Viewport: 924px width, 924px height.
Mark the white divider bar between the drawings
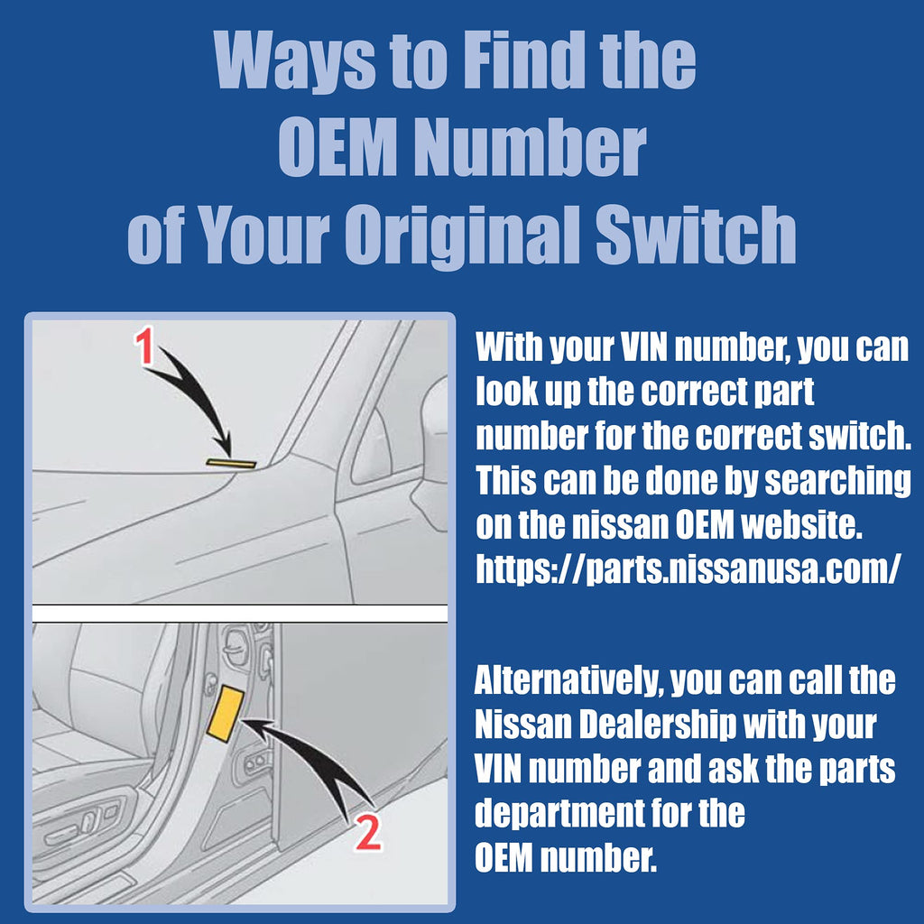point(240,614)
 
